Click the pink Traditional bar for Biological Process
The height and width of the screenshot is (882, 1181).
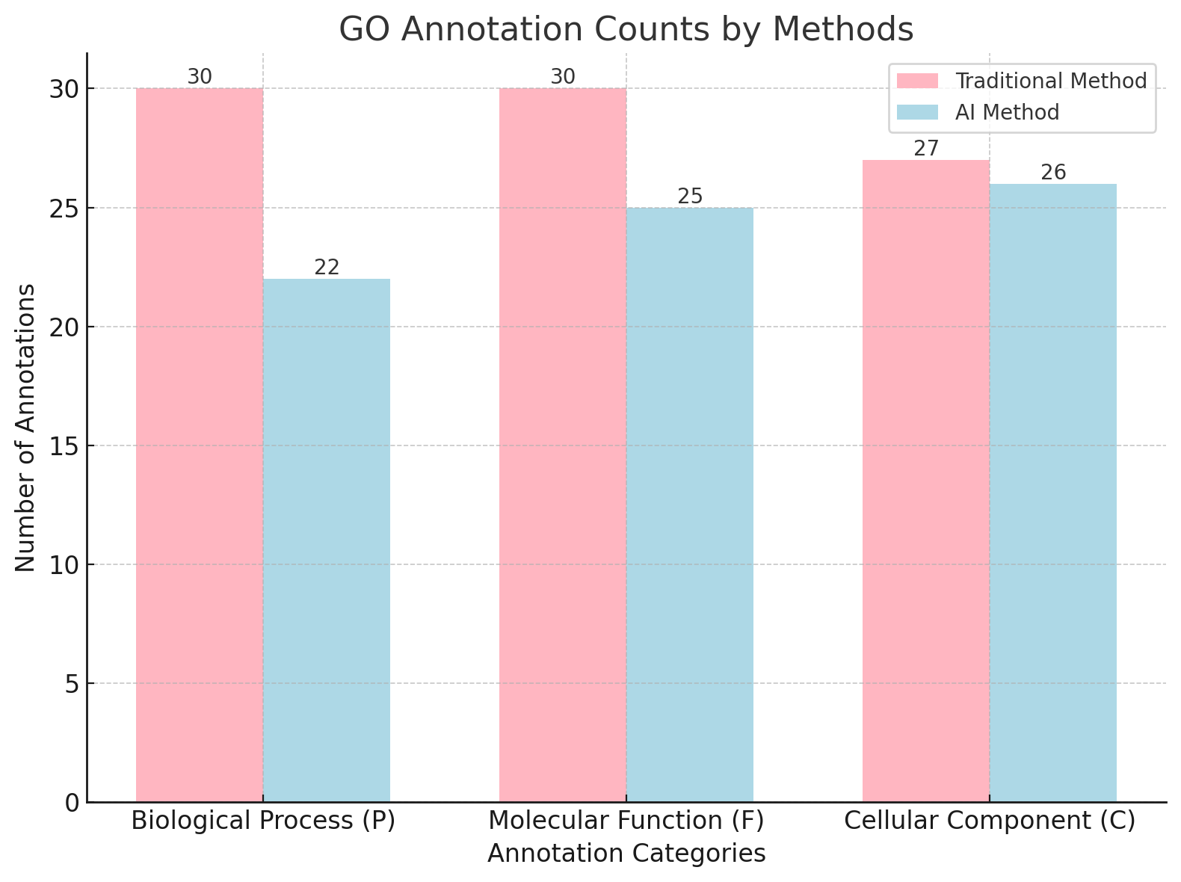[x=200, y=445]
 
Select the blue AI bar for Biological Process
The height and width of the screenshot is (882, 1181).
[x=327, y=540]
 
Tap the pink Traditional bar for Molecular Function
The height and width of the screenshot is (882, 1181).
[x=563, y=445]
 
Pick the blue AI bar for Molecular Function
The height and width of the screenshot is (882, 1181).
[x=690, y=505]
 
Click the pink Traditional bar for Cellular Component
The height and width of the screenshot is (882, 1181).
[x=926, y=481]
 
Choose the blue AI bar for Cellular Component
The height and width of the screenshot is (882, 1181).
[x=1053, y=493]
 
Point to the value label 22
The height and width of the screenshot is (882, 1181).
[x=327, y=268]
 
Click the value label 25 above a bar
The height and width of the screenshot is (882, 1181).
[x=690, y=197]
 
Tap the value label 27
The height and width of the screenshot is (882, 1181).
[x=926, y=149]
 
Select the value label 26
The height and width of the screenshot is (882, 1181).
[x=1053, y=173]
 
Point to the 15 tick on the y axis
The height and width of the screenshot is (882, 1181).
[x=65, y=446]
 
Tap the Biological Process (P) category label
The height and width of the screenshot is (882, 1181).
[x=263, y=821]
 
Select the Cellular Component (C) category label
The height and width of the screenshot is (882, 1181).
[x=990, y=821]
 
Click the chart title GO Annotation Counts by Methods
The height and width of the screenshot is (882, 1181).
[x=626, y=30]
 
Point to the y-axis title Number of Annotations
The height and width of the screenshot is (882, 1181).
[x=25, y=428]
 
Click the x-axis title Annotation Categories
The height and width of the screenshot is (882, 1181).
[x=626, y=854]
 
